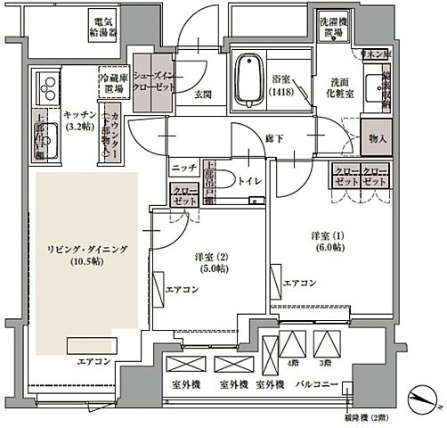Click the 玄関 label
[x=199, y=95]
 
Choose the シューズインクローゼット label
[x=154, y=70]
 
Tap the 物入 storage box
[x=377, y=138]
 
